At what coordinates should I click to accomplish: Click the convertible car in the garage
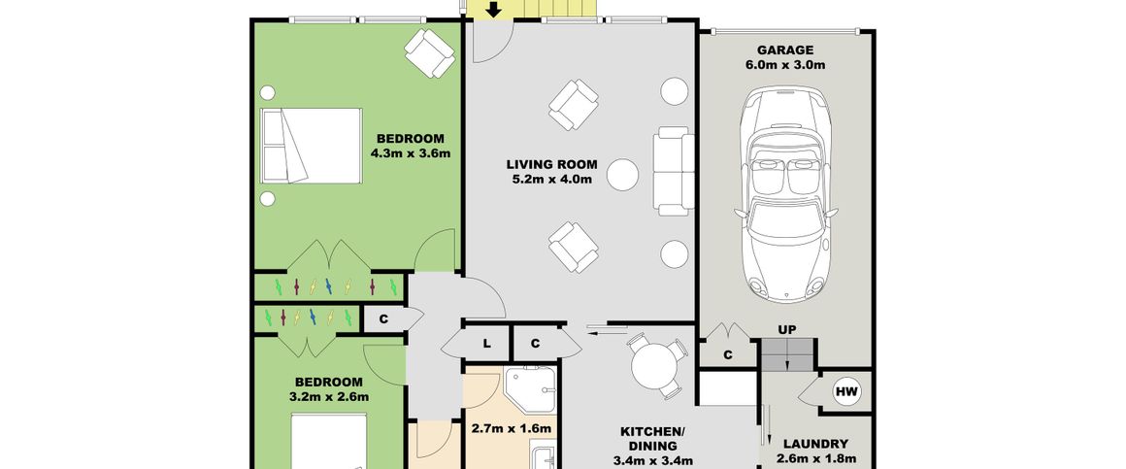785,194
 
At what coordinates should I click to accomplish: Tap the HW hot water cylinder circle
846,392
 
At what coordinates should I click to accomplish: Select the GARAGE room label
785,50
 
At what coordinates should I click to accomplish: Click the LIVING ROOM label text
551,164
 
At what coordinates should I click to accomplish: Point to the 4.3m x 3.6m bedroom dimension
410,153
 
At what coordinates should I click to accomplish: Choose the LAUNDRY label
815,445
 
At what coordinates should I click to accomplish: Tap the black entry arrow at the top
493,10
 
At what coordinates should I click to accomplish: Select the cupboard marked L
486,344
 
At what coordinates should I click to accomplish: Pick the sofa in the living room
674,171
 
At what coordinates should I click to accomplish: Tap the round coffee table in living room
622,175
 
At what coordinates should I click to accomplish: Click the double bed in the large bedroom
311,146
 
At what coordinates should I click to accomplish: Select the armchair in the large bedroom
429,52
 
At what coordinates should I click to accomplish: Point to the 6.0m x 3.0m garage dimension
785,65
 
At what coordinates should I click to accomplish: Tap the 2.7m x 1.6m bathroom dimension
512,429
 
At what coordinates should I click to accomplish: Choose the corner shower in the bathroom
530,390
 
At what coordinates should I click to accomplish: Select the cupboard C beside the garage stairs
727,354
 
